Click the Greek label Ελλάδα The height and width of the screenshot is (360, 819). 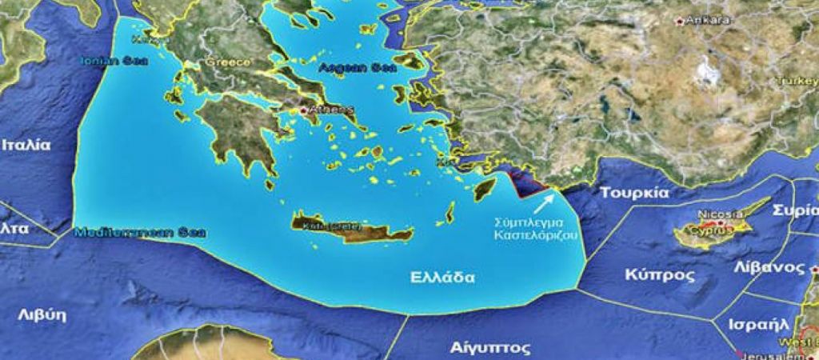click(x=441, y=278)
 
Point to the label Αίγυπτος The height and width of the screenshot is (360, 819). click(x=479, y=348)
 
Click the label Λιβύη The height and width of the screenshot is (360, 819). click(x=41, y=314)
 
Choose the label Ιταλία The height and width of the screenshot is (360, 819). click(x=26, y=145)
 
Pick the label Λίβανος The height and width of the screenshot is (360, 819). click(x=773, y=266)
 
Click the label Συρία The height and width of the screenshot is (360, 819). click(x=795, y=210)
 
